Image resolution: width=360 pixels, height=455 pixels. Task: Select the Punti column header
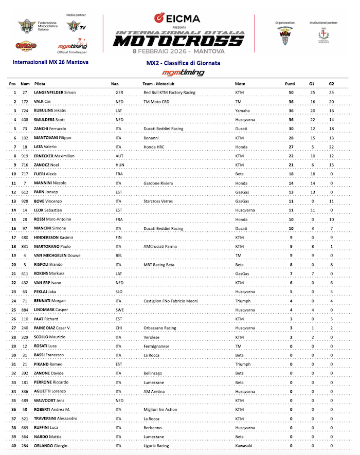(290, 83)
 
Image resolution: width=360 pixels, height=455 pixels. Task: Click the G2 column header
(331, 83)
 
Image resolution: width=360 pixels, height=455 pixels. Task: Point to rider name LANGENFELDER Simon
(55, 93)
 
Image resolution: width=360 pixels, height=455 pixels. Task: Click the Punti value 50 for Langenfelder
(291, 93)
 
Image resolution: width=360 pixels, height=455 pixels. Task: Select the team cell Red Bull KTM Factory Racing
(169, 93)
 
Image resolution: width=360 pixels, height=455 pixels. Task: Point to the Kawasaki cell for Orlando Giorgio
(244, 446)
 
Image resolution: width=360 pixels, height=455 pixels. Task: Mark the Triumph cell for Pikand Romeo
(243, 364)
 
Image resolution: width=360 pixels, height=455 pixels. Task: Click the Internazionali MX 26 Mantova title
(50, 62)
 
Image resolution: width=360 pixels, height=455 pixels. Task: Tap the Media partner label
(76, 15)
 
